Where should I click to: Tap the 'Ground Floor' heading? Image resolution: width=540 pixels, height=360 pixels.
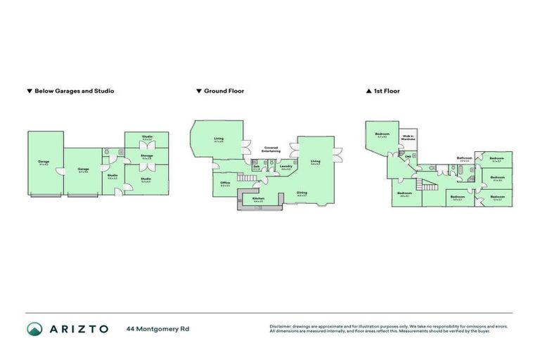point(224,91)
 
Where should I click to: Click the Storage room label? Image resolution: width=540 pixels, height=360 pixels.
point(147,155)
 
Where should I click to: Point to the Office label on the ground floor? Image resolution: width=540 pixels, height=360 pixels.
point(225,183)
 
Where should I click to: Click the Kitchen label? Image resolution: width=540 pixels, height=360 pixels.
point(258,199)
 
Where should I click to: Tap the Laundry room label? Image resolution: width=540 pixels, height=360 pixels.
point(286,167)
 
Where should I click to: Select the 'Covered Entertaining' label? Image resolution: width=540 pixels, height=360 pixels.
point(271,149)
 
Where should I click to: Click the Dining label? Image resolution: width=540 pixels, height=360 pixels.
point(302,192)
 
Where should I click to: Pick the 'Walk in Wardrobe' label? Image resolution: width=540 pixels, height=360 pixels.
point(409,138)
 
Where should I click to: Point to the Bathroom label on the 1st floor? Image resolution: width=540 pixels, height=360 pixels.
point(464,158)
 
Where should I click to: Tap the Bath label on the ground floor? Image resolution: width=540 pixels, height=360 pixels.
point(257,167)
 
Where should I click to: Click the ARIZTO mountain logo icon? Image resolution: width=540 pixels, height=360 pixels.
point(34,328)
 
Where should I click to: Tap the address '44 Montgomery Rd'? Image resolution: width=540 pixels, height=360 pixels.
point(157,328)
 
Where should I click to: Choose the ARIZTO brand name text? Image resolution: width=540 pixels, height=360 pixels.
point(78,328)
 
